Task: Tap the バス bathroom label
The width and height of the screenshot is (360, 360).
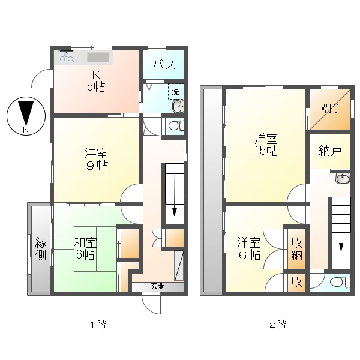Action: (163, 65)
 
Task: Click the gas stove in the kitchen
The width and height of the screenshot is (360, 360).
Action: (66, 58)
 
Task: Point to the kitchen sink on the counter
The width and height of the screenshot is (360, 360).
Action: (99, 58)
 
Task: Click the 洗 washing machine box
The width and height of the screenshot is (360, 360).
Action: (175, 92)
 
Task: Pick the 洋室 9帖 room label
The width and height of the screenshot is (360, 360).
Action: (95, 159)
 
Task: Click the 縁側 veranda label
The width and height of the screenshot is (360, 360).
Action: (41, 248)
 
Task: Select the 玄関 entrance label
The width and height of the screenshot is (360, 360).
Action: (157, 286)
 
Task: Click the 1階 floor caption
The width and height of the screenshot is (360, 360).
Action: (98, 325)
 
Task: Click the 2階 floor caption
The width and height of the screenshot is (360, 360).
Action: (277, 325)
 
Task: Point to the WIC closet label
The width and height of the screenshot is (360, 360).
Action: (330, 109)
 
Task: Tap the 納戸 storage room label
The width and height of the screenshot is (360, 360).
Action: (330, 151)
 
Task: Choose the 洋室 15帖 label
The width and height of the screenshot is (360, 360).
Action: (265, 145)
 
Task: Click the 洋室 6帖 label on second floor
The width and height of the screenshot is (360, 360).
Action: (248, 248)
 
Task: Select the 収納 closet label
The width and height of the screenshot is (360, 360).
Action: (297, 248)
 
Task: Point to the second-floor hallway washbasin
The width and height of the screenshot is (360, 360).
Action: (343, 178)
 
